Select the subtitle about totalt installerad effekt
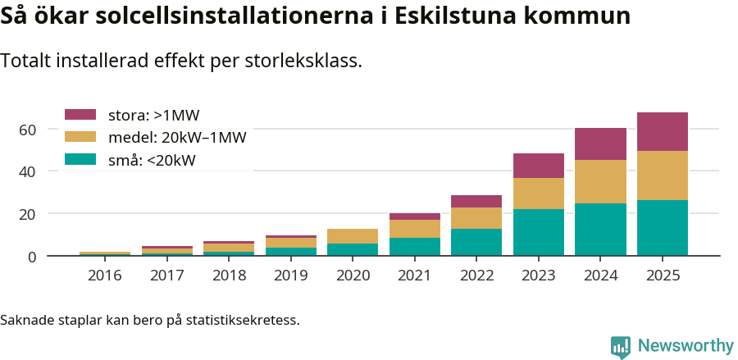181,61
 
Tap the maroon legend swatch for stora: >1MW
80,115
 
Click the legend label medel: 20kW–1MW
177,137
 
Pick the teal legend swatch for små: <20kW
80,160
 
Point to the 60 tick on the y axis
27,130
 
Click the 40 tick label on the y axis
27,171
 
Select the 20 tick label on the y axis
27,214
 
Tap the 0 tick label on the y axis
32,257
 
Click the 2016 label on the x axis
104,276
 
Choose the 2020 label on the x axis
353,276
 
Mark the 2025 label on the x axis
662,276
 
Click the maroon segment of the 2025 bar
662,131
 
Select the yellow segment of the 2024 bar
600,181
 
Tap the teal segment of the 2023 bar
538,232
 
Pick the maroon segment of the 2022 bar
476,201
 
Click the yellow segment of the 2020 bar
353,236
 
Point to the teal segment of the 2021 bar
414,246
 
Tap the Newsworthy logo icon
621,347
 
